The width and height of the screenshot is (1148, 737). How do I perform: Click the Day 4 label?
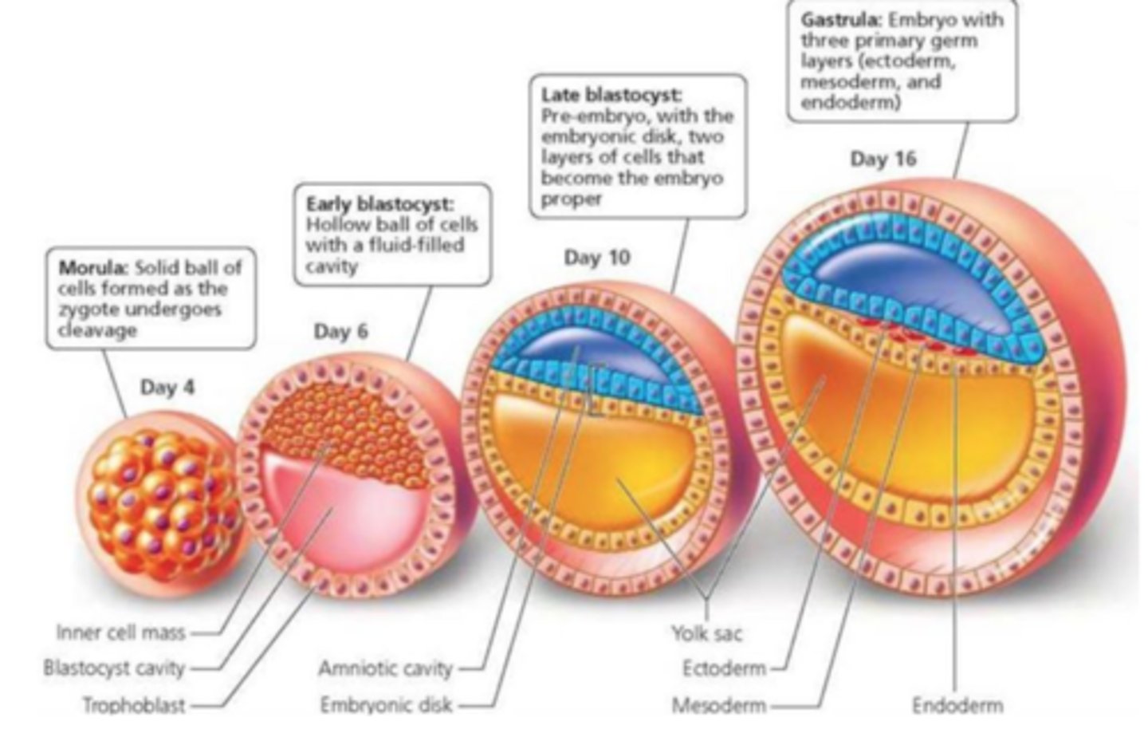167,388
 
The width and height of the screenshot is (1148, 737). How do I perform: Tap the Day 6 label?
340,331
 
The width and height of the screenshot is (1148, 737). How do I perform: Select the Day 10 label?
597,258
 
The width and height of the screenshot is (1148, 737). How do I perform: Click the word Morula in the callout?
94,267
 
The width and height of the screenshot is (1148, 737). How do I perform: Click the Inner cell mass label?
120,633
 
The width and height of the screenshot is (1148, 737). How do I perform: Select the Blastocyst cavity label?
114,668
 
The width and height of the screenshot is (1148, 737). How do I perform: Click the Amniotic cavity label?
385,668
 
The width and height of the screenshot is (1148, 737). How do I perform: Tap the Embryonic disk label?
386,705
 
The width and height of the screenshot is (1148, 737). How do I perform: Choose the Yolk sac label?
706,633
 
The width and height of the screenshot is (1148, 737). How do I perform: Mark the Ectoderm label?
723,668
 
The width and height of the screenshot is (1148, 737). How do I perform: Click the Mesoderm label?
719,705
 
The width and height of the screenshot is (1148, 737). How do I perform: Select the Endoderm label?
957,705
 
